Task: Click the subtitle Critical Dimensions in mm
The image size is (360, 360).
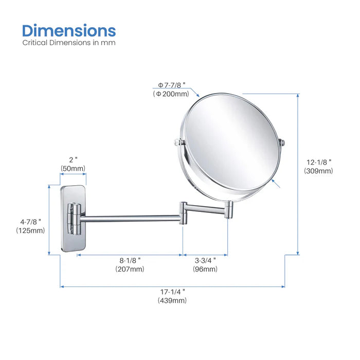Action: pos(69,43)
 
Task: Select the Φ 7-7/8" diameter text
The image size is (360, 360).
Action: pos(176,84)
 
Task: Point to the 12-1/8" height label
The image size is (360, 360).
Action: pos(318,161)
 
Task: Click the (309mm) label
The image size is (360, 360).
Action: pos(318,171)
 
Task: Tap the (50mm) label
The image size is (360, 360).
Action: pos(73,168)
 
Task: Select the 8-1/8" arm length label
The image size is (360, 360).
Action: pos(130,260)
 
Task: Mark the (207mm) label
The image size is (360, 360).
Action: pos(130,268)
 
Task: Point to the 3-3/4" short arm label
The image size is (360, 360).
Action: pos(205,260)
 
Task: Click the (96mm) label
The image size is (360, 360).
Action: pos(205,268)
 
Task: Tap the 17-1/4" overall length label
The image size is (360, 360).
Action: pos(172,292)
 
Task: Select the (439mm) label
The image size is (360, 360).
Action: pos(172,300)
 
